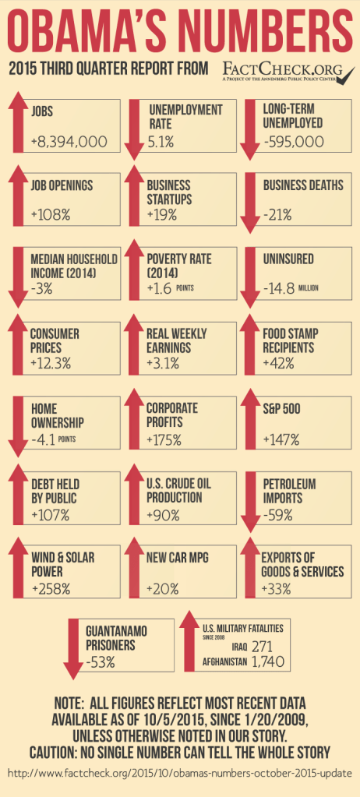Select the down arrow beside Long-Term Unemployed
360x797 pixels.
pyautogui.click(x=250, y=129)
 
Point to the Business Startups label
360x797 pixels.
pyautogui.click(x=173, y=192)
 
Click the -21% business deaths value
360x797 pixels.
pyautogui.click(x=277, y=214)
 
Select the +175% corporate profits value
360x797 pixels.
pyautogui.click(x=164, y=439)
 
